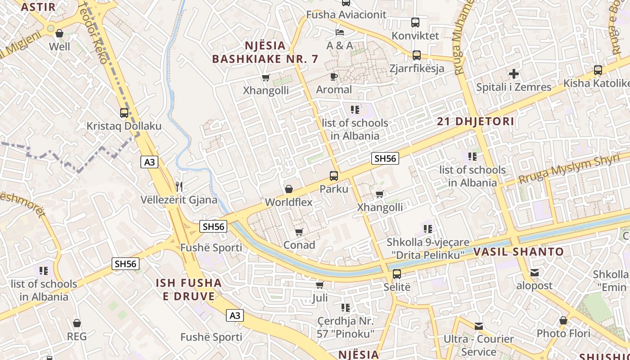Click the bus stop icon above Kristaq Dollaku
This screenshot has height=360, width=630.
tap(124, 113)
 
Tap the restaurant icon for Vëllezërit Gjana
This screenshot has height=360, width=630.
tap(179, 186)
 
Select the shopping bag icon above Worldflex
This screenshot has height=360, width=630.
tap(289, 189)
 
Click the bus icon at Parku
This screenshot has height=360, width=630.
tap(334, 175)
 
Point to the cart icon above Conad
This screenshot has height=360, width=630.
tap(299, 232)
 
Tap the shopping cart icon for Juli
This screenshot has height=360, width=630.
tap(319, 285)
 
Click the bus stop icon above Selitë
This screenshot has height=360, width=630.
tap(397, 274)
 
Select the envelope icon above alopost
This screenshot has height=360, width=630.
tap(534, 272)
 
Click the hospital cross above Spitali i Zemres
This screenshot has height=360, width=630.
tap(514, 74)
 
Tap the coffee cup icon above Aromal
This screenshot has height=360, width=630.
tap(333, 76)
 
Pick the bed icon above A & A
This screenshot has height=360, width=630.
tap(340, 32)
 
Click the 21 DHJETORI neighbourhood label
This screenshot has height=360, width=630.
tap(476, 121)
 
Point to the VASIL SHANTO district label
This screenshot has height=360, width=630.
tap(518, 252)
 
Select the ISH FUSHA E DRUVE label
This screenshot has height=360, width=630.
tap(189, 289)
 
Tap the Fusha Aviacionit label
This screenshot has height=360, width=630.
tap(346, 15)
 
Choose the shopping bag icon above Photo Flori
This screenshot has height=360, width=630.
tap(563, 320)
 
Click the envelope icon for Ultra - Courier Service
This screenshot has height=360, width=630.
tap(478, 326)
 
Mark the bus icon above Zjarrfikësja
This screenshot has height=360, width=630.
tap(417, 55)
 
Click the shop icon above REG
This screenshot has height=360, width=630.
tap(77, 323)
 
